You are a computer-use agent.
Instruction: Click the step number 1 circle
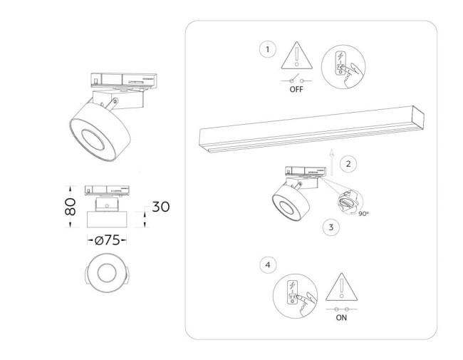[267, 49]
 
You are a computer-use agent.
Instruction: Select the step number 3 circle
[330, 227]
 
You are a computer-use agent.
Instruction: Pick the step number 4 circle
[267, 264]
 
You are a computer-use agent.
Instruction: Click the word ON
[341, 318]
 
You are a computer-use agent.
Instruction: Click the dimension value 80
[70, 207]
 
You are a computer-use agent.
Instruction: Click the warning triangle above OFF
[297, 57]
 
